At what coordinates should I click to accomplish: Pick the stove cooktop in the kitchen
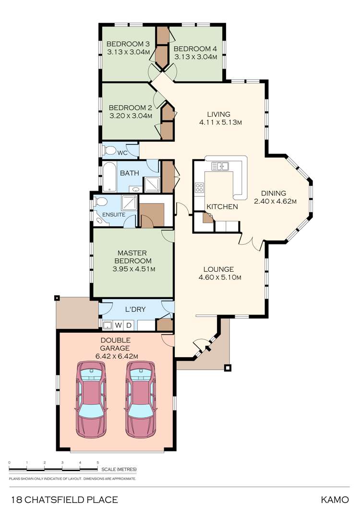click(x=199, y=188)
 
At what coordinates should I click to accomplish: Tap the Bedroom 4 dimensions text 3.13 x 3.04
click(x=195, y=57)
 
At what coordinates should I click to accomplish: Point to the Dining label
click(x=274, y=193)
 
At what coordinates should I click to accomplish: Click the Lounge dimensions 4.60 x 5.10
click(x=219, y=278)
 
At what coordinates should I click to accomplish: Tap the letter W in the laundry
click(x=118, y=326)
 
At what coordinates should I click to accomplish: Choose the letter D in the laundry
click(x=128, y=326)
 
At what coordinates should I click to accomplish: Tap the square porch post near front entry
click(x=228, y=368)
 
